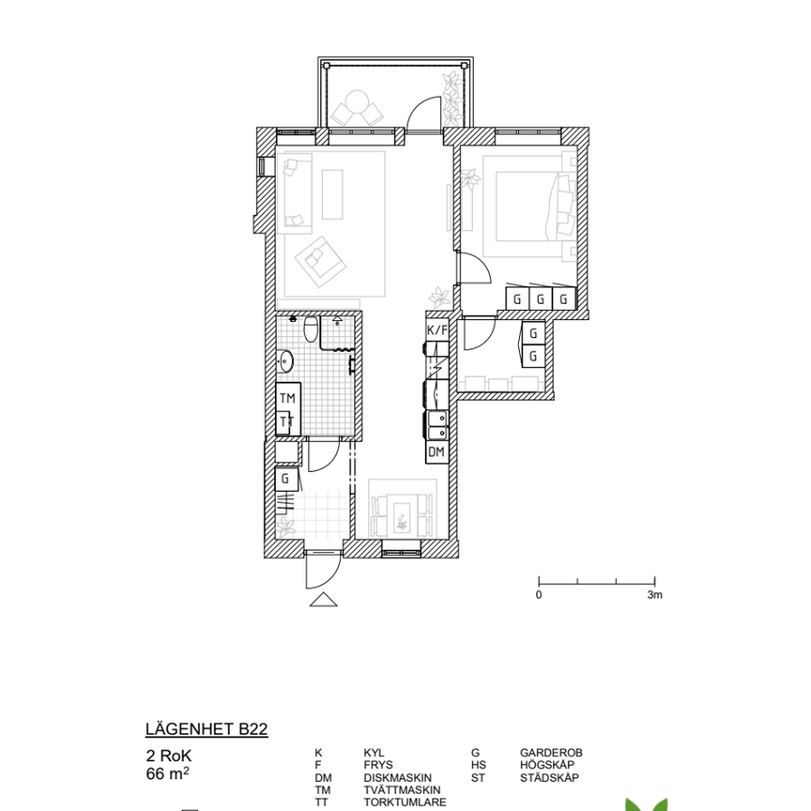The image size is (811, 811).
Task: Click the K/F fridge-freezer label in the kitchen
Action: (x=437, y=330)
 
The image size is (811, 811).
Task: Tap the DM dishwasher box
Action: (x=437, y=452)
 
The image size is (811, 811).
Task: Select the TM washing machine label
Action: (x=287, y=398)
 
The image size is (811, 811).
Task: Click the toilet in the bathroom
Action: (x=311, y=329)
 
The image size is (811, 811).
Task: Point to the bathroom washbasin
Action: (x=285, y=360)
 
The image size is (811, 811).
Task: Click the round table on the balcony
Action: (x=357, y=102)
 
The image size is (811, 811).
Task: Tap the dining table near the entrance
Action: (x=402, y=515)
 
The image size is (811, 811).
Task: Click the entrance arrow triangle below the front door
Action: (x=324, y=600)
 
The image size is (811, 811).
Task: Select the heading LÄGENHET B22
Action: (x=207, y=729)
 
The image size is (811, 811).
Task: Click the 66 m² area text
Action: (x=168, y=774)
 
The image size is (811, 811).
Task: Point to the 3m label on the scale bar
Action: (x=655, y=595)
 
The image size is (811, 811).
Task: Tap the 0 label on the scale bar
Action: (x=539, y=595)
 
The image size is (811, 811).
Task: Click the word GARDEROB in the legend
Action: (x=551, y=753)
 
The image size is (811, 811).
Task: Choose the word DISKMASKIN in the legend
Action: (x=398, y=778)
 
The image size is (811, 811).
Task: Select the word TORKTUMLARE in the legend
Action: (x=405, y=803)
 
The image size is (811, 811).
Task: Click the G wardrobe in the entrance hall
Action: (x=286, y=480)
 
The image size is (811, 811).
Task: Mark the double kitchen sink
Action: (x=437, y=424)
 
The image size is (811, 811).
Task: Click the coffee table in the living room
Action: (x=332, y=194)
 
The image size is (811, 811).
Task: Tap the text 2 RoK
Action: (x=169, y=756)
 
